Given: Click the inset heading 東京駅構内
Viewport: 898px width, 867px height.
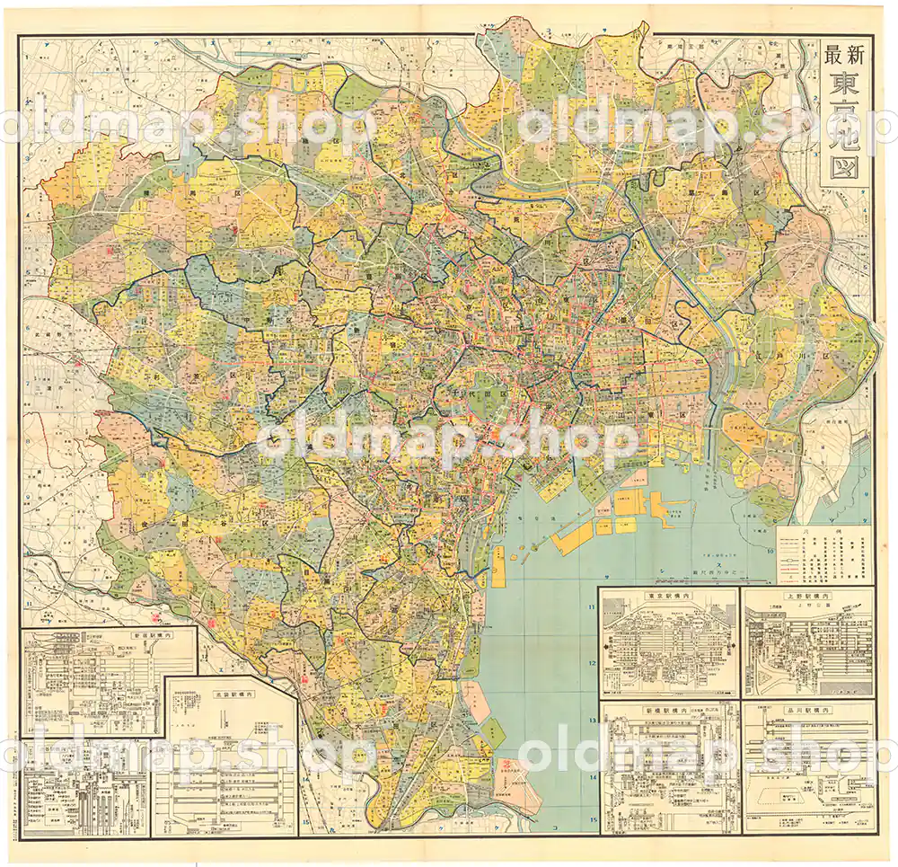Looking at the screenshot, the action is pos(668,595).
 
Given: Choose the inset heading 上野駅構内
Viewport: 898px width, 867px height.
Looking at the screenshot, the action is pos(806,595).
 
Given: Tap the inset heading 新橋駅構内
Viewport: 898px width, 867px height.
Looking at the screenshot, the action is pos(668,710).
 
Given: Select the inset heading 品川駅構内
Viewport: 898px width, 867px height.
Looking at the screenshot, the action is pos(806,710).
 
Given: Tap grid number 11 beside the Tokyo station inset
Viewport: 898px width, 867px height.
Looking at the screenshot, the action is pos(592,608).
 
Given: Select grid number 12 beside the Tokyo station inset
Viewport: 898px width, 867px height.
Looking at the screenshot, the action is pos(592,665).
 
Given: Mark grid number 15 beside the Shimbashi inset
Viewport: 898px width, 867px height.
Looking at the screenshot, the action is pos(592,819).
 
